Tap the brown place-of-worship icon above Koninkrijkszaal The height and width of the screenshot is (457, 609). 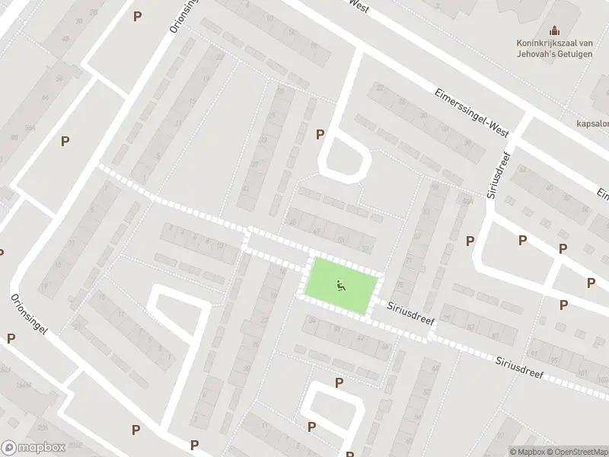point(554,30)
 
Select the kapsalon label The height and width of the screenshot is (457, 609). point(591,122)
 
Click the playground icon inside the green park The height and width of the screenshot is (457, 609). point(341,286)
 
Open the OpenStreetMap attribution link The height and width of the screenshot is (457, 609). point(576,452)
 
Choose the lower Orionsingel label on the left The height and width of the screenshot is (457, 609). point(30,315)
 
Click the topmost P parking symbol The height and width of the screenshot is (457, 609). point(137,16)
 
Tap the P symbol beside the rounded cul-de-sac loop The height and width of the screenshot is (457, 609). point(320,134)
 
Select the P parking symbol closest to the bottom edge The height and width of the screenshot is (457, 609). point(194,445)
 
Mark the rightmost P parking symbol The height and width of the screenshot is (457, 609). point(591,283)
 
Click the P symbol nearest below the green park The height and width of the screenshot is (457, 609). point(339,382)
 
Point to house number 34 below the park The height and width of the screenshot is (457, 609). point(313,321)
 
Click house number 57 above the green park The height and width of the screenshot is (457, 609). point(366,248)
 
